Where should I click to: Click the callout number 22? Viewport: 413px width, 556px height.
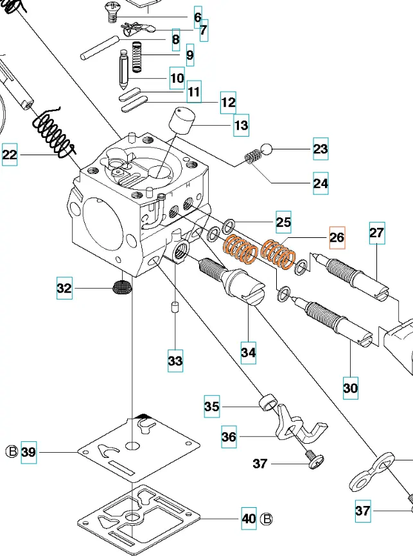tap(10, 155)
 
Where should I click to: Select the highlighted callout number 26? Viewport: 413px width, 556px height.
tap(337, 237)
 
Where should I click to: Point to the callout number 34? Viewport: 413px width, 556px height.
tap(249, 352)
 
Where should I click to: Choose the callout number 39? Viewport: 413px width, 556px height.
tap(29, 451)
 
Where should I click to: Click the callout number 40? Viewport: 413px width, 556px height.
tap(249, 518)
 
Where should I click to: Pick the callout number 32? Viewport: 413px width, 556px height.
tap(64, 289)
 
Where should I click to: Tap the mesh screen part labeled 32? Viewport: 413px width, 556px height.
tap(120, 288)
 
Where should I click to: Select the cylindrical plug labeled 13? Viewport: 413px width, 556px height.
tap(181, 119)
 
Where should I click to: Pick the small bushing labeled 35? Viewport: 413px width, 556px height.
tap(267, 404)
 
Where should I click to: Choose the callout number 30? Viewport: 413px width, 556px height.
tap(351, 388)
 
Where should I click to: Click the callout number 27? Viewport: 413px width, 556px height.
tap(377, 233)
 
